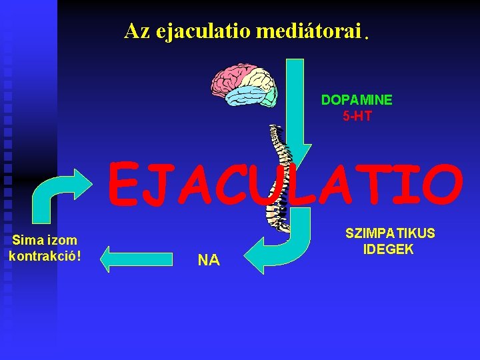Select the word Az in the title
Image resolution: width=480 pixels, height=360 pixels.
(137, 31)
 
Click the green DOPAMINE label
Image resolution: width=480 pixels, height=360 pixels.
(357, 100)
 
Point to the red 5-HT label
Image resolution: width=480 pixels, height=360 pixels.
(357, 117)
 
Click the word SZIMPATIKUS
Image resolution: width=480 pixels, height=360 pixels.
(390, 233)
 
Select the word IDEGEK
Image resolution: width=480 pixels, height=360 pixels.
(389, 249)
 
